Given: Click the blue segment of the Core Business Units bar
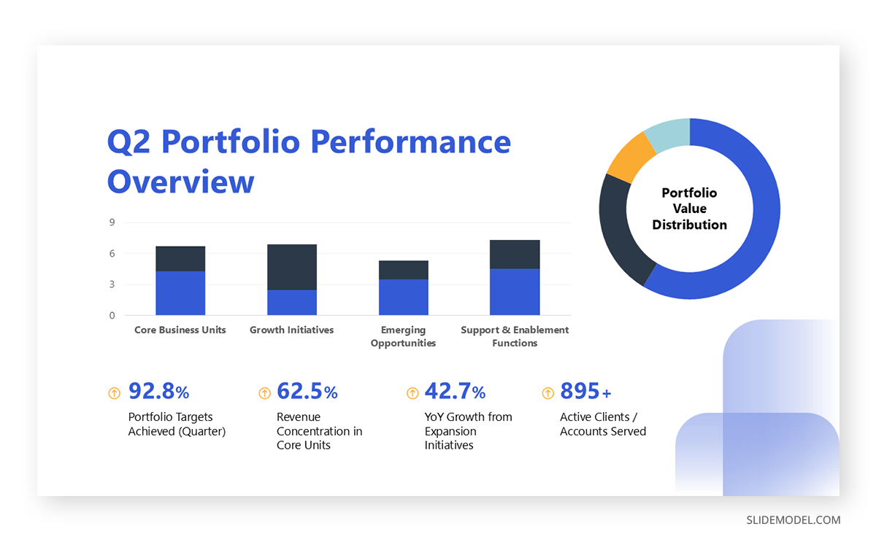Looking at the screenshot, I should tap(180, 293).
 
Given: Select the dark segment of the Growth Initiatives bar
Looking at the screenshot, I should tap(292, 267).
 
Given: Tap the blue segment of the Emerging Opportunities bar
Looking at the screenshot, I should tap(404, 297).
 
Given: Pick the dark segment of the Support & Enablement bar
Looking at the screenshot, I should tap(515, 255).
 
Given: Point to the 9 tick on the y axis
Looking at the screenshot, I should tap(112, 222).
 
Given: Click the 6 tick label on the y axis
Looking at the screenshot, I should tap(112, 254).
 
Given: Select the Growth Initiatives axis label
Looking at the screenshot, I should tap(291, 330).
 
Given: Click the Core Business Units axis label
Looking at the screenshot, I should tap(180, 330).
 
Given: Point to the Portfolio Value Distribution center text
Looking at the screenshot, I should tap(689, 209).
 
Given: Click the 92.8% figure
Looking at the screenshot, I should tap(158, 392).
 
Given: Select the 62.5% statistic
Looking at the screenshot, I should tap(307, 392).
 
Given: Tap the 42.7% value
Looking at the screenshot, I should tap(455, 392).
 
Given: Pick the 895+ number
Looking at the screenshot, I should tap(585, 392).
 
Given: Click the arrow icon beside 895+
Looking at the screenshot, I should tap(547, 393).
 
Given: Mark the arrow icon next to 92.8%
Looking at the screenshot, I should tap(114, 393).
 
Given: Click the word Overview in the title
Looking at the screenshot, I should tap(180, 181).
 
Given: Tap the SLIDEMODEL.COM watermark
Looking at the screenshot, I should tap(793, 520).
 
